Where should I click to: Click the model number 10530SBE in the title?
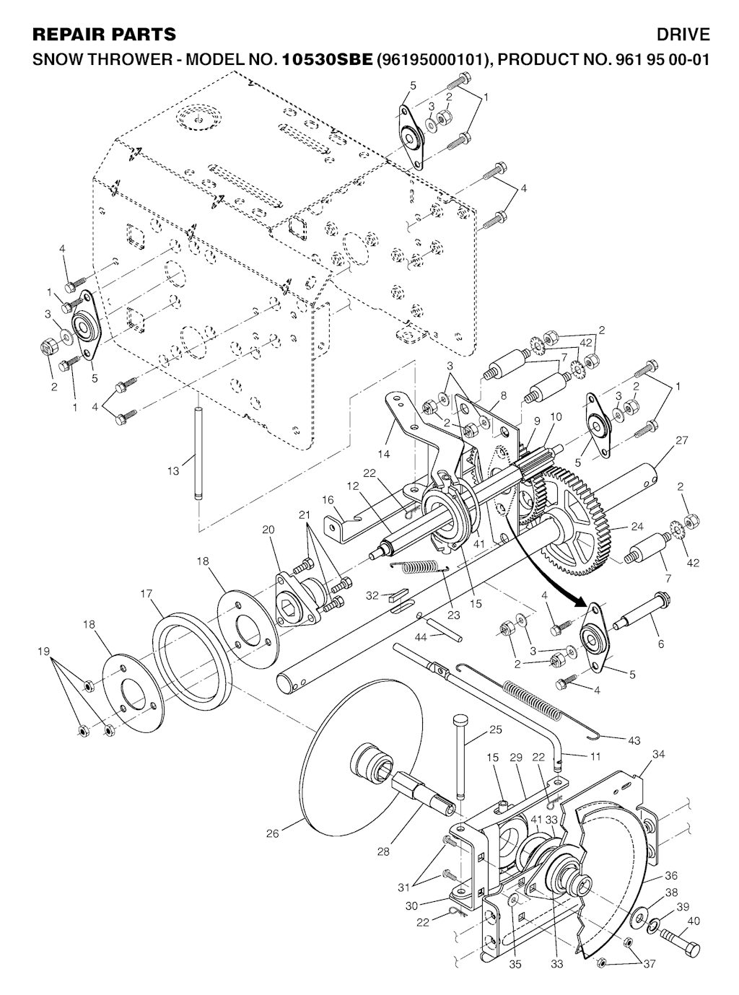[327, 59]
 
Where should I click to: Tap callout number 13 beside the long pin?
[173, 471]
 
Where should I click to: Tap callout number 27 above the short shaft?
[681, 440]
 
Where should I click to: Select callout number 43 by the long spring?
[634, 740]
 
